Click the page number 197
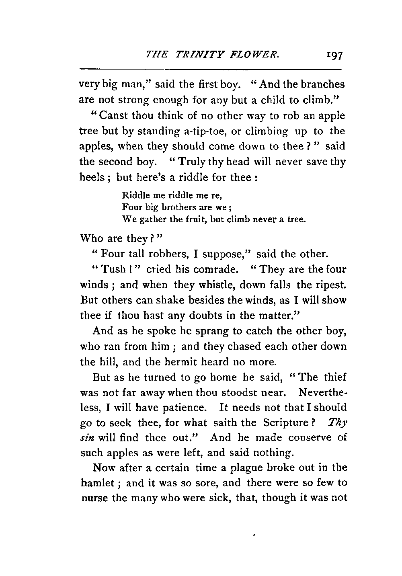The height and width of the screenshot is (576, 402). (334, 55)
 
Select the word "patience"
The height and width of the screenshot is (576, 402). (184, 408)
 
